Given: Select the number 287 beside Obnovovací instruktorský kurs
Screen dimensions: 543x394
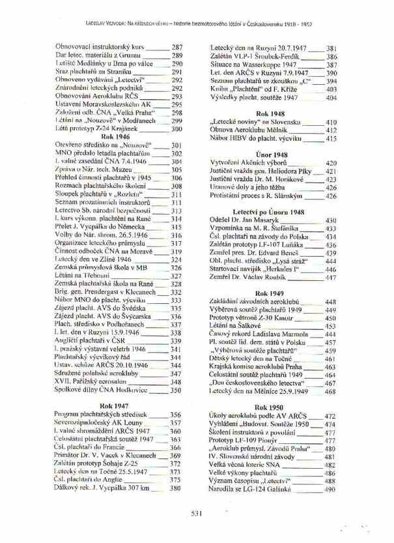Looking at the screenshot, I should [176, 47].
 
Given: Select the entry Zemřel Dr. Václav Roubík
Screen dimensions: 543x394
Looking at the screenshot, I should [244, 277].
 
